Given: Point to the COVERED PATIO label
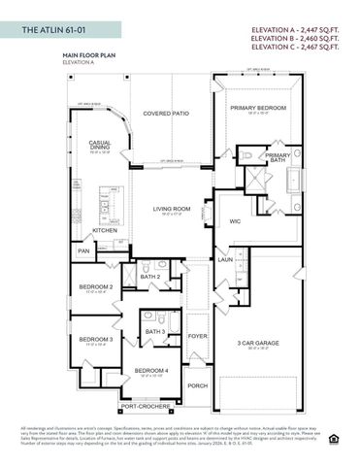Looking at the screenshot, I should [x=166, y=114].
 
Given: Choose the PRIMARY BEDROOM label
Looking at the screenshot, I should [x=257, y=108].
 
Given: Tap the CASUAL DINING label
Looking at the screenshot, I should [x=102, y=146].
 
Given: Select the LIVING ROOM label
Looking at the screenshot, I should [x=172, y=210].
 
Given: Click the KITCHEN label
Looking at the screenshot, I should [x=105, y=231].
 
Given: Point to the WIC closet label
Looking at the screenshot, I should [x=234, y=221].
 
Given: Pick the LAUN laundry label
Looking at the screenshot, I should [x=224, y=260].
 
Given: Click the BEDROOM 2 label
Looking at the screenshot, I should [x=96, y=287].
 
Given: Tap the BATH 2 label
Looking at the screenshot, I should [x=150, y=277].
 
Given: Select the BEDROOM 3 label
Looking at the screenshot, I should [x=96, y=340].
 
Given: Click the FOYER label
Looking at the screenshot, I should [x=197, y=337].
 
